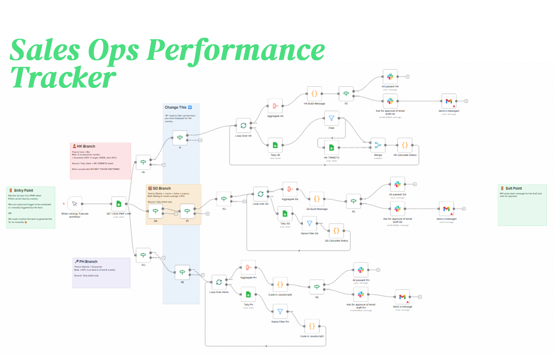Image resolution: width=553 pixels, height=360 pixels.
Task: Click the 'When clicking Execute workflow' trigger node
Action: coord(75,204)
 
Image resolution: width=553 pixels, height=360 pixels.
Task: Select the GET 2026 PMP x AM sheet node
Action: coord(119,204)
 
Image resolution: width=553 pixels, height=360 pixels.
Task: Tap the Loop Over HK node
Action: coord(243,125)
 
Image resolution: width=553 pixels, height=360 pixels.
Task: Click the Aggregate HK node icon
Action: coord(275,106)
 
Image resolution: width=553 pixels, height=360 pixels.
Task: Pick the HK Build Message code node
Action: coord(314,94)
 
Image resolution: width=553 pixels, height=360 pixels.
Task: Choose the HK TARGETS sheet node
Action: coord(331,147)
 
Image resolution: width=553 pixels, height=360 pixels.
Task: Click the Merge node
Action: coord(378,145)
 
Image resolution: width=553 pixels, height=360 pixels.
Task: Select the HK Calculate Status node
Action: coord(405,145)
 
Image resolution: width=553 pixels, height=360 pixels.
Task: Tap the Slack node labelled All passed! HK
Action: coord(390,77)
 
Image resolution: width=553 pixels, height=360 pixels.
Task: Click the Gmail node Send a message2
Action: coord(449,101)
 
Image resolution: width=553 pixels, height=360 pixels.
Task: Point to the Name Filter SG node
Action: coord(310,224)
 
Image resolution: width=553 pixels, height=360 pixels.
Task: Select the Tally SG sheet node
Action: coord(285,213)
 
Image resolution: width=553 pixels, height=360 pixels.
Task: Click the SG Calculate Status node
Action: coord(336,231)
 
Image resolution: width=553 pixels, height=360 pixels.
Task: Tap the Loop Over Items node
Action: coord(219,282)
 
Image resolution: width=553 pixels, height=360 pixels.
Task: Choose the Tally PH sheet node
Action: coord(248,294)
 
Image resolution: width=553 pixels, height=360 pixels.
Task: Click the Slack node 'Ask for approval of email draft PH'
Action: coord(361,294)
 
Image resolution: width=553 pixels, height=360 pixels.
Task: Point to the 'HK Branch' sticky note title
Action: coord(85,147)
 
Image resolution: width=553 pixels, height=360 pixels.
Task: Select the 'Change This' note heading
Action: coord(176,108)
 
